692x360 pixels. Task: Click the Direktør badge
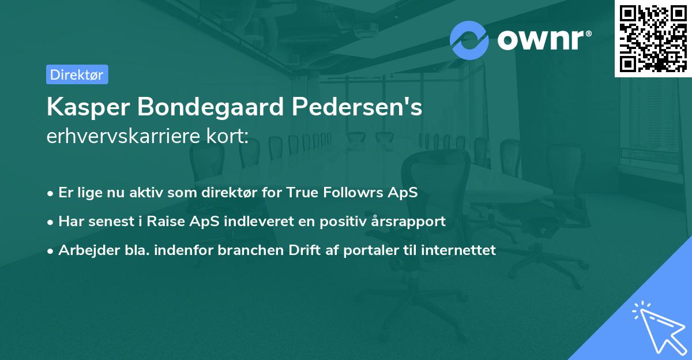pos(77,74)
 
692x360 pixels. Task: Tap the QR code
pos(653,38)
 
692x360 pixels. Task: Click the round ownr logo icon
pos(469,40)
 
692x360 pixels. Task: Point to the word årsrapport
pos(410,222)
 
